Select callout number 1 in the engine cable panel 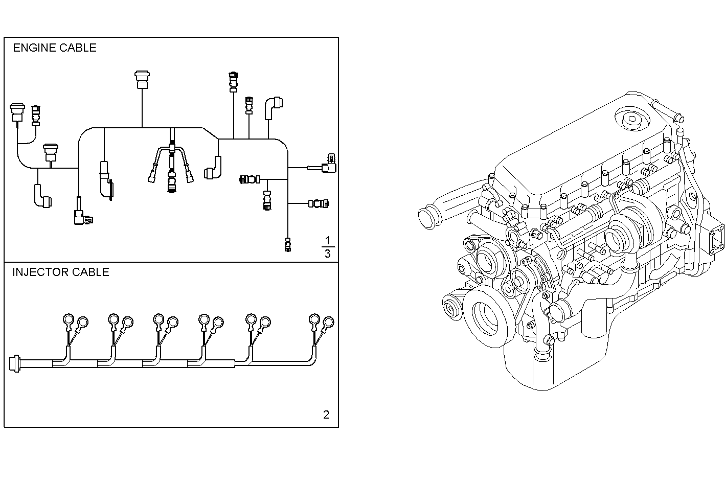pos(328,240)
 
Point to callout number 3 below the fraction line pos(328,254)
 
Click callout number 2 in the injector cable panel pos(326,415)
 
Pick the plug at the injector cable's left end pos(15,363)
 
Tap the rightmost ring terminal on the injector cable pos(328,322)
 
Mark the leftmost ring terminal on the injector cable pos(68,320)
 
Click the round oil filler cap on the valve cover pos(632,120)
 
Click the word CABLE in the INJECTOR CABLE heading pos(90,272)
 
